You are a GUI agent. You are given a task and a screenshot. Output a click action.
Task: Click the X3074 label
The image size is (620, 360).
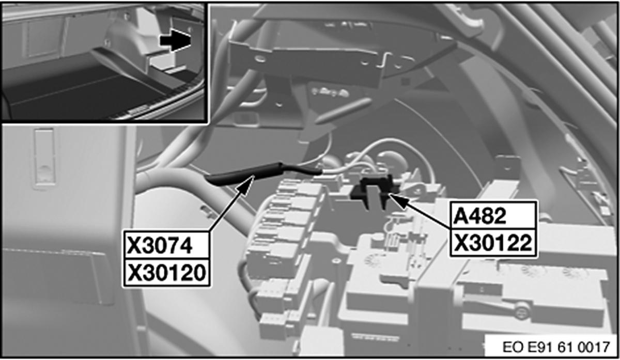pyautogui.click(x=159, y=246)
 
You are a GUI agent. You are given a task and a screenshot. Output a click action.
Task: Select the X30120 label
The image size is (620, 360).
pyautogui.click(x=166, y=273)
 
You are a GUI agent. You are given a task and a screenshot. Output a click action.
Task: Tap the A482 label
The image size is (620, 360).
pyautogui.click(x=479, y=216)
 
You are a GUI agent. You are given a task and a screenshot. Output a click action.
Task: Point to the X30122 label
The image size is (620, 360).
pyautogui.click(x=493, y=243)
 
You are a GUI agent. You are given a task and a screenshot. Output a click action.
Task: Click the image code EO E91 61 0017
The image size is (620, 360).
pyautogui.click(x=556, y=347)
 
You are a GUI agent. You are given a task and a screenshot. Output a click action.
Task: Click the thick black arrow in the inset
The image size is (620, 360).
pyautogui.click(x=175, y=41)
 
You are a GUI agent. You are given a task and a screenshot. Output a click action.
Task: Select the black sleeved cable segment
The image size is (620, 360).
pyautogui.click(x=263, y=174)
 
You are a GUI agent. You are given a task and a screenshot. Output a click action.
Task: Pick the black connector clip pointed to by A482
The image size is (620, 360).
pyautogui.click(x=374, y=192)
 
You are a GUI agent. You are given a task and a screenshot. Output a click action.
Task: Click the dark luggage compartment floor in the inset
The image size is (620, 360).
pyautogui.click(x=83, y=94)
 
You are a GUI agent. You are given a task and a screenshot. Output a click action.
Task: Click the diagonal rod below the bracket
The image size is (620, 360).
pyautogui.click(x=343, y=110)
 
